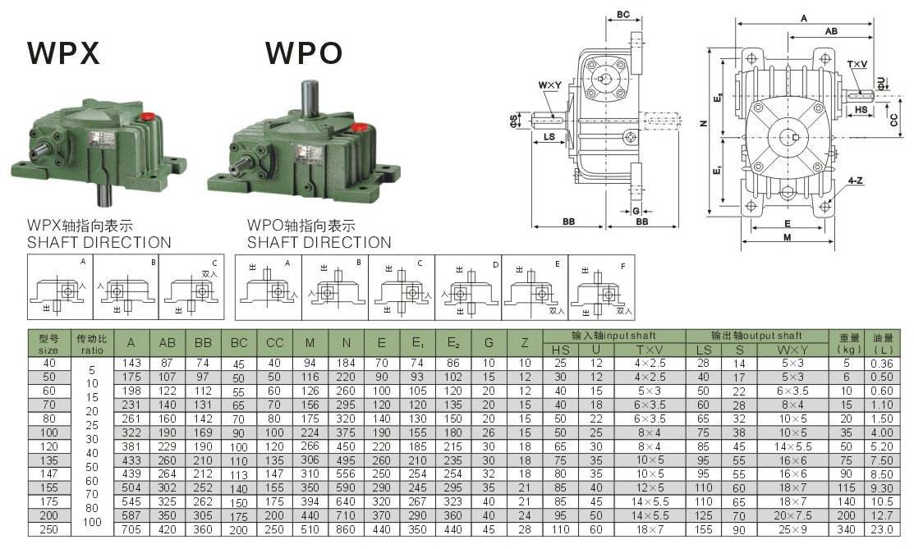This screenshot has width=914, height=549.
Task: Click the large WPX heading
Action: point(63,53)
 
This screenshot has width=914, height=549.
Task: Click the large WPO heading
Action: point(303,53)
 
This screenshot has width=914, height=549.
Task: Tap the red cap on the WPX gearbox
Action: point(149,117)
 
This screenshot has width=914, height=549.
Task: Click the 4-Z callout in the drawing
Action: point(855,180)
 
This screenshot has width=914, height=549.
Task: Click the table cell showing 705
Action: point(131,529)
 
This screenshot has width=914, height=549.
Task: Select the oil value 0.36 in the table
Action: point(883,363)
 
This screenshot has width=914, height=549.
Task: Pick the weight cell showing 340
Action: point(847,529)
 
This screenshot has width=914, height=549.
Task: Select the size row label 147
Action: point(49,474)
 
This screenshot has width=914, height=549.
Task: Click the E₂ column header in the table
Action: point(453,342)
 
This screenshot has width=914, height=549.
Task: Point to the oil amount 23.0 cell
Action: point(883,529)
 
